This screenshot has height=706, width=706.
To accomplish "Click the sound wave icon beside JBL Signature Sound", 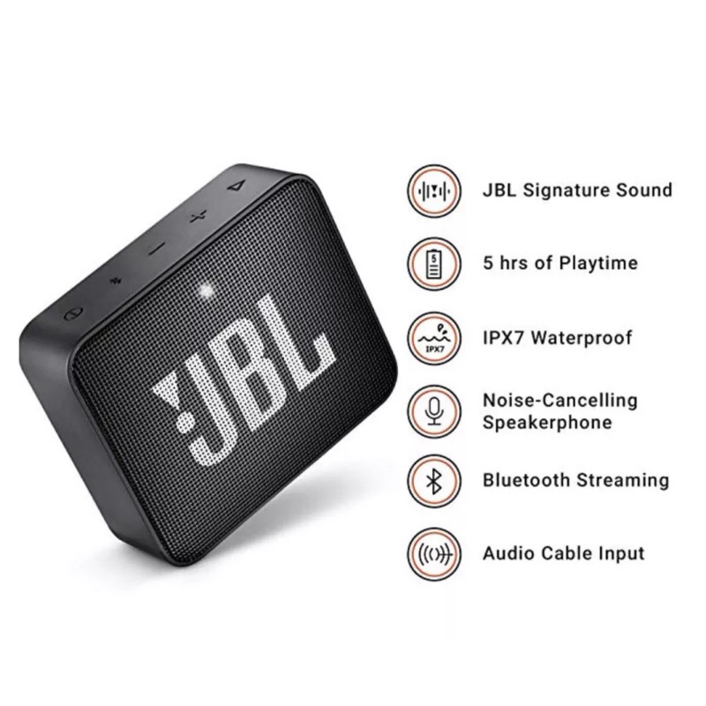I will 433,190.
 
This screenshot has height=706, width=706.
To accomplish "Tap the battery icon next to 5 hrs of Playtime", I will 433,263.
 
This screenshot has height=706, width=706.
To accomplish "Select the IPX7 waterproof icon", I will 433,337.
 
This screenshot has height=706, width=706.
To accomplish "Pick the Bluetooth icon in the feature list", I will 433,481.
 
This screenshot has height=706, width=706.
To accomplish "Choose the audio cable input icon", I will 433,554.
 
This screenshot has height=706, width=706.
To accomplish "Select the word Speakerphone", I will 547,422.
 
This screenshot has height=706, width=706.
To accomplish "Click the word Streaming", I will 622,481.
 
